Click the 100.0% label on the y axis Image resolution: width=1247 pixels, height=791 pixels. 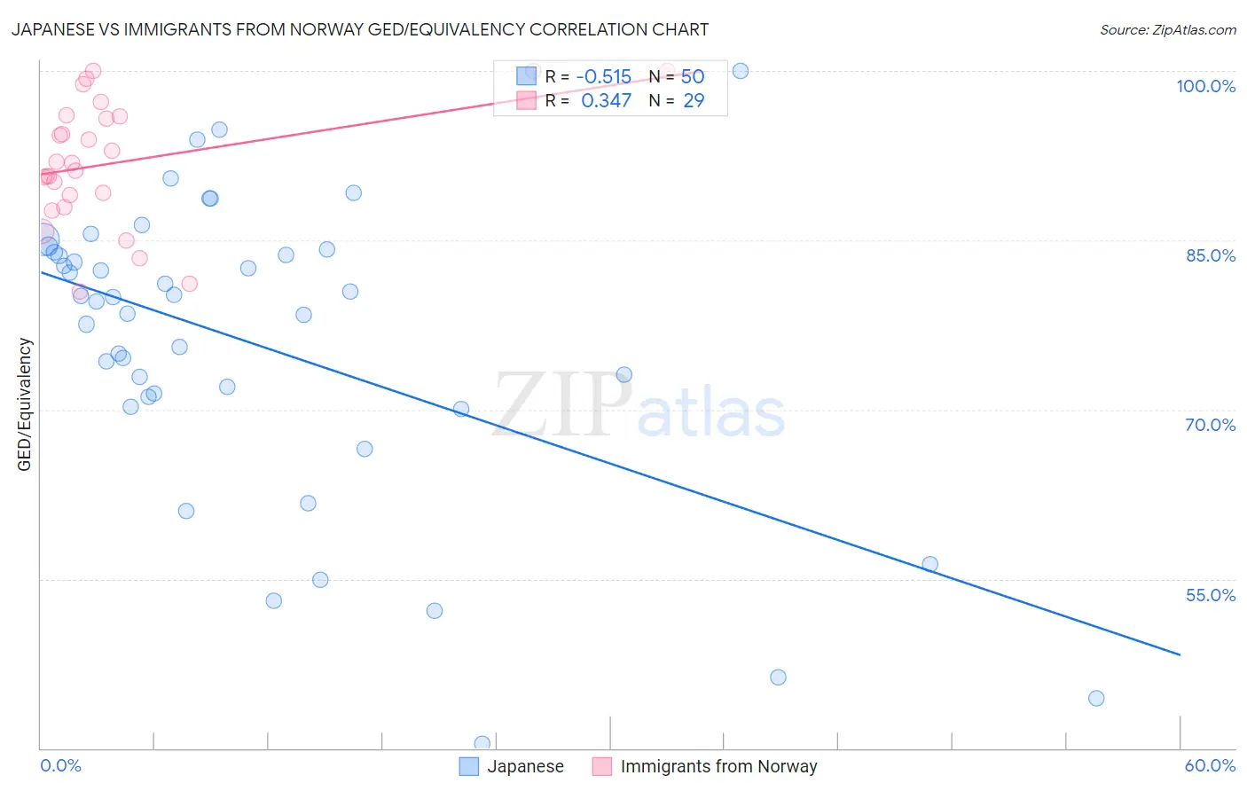click(1205, 86)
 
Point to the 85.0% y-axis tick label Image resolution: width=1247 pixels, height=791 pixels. click(1210, 255)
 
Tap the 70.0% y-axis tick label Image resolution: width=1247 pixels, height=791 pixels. click(1210, 425)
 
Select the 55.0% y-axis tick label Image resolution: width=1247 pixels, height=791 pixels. click(1210, 595)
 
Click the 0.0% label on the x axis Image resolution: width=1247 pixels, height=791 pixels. click(60, 765)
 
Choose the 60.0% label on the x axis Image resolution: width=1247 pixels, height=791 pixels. click(1210, 765)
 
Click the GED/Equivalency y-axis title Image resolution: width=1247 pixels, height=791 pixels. click(25, 404)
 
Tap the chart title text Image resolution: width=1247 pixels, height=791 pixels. click(360, 29)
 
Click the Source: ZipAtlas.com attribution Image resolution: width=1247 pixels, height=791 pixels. click(1167, 29)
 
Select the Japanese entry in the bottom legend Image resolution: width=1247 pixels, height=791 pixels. click(512, 766)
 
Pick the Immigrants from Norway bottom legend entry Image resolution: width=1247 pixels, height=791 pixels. click(704, 766)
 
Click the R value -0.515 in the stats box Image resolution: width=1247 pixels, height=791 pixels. click(603, 77)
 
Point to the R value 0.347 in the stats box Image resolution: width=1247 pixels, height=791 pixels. click(606, 101)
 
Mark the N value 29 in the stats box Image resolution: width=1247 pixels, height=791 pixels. click(694, 101)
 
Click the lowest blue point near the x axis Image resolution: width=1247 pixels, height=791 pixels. click(482, 743)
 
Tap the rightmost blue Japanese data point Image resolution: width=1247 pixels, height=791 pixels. click(1096, 698)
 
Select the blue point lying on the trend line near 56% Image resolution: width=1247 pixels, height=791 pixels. click(929, 564)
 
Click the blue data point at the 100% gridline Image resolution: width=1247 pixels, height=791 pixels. click(741, 71)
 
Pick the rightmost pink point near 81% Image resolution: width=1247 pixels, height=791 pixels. click(189, 284)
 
